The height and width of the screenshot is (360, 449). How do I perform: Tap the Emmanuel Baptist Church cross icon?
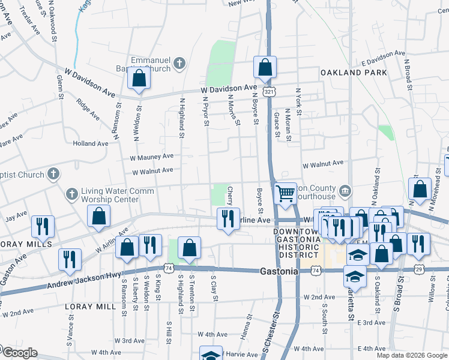click(179, 62)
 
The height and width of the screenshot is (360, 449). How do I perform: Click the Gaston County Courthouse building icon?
click(345, 191)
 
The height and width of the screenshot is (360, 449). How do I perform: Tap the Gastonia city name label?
click(279, 271)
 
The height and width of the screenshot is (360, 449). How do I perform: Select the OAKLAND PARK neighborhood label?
click(349, 73)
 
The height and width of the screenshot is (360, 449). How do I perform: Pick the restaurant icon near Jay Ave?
click(43, 226)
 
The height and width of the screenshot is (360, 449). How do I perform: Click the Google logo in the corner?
click(19, 353)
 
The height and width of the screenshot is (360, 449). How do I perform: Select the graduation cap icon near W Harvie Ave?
click(211, 355)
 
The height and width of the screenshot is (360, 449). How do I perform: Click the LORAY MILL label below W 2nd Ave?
click(89, 306)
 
